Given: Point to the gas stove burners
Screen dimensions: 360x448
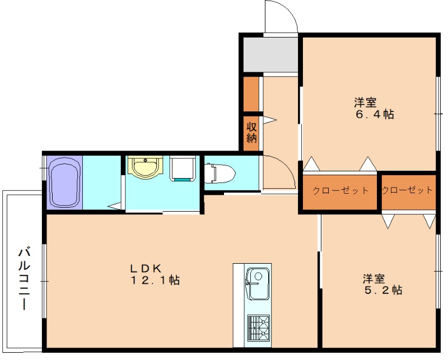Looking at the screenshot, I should pyautogui.click(x=258, y=328).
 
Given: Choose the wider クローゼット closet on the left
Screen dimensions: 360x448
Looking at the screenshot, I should pyautogui.click(x=340, y=191).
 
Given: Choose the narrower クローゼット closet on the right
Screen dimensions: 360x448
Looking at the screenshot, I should pyautogui.click(x=407, y=190).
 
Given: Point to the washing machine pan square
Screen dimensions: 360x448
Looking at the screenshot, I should pyautogui.click(x=182, y=169).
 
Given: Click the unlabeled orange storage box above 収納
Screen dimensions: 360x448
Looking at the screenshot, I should pyautogui.click(x=251, y=94).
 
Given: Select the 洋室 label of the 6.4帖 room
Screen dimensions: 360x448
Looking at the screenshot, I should pyautogui.click(x=365, y=103).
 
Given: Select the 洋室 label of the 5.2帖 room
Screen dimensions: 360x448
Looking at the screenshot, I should pyautogui.click(x=373, y=278).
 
